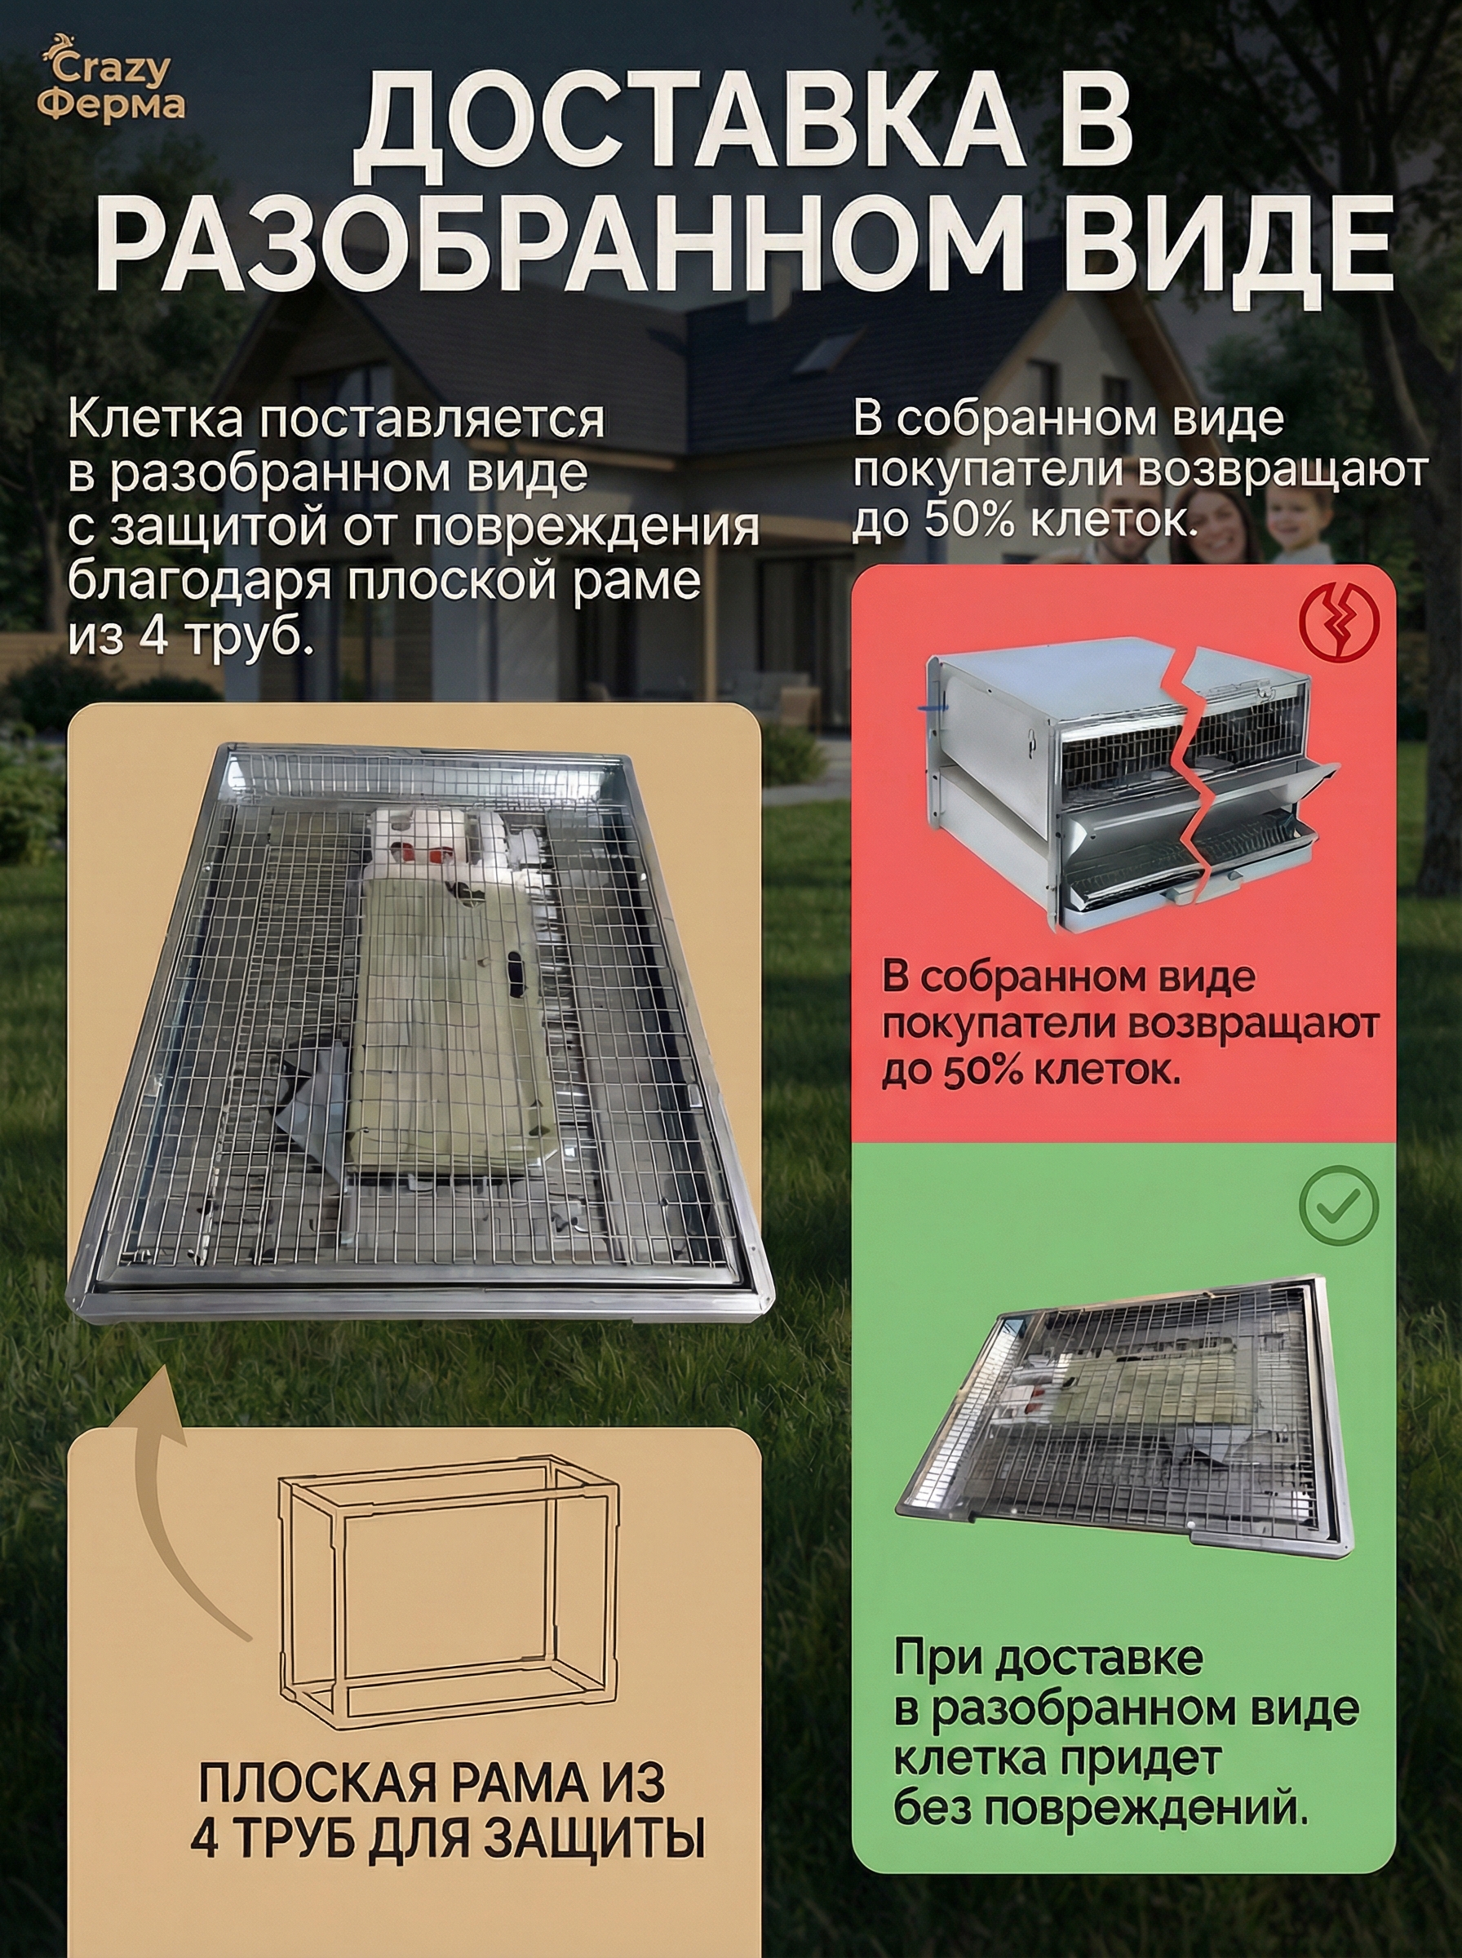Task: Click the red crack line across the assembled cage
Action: [x=1198, y=787]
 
